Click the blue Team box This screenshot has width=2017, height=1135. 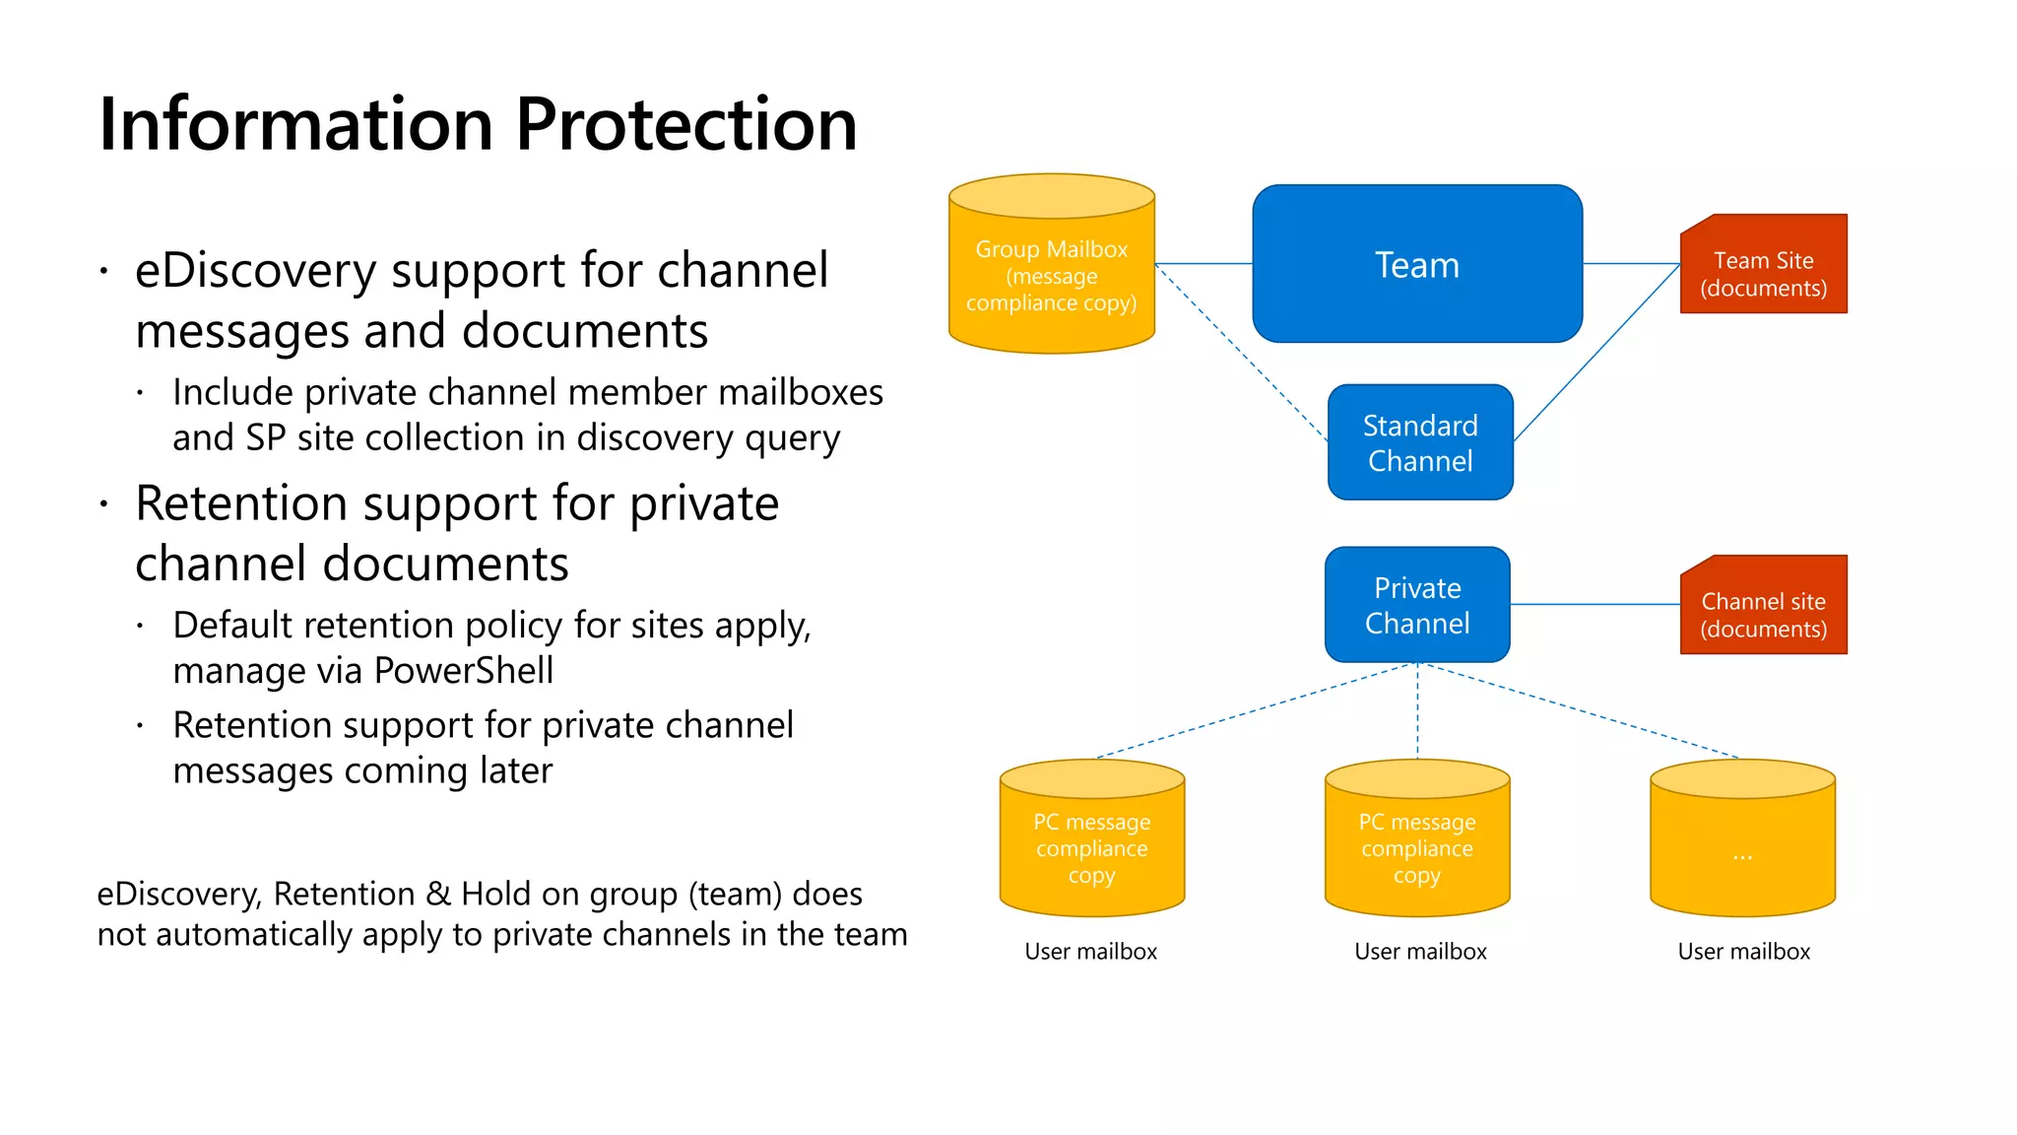(x=1416, y=264)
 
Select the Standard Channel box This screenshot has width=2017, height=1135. (x=1419, y=442)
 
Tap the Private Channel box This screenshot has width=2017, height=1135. (x=1416, y=605)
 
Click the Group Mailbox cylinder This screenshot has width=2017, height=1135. (x=1051, y=276)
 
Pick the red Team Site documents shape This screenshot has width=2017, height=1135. (x=1763, y=266)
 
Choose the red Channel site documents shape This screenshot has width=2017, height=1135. (x=1763, y=606)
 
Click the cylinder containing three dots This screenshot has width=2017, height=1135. (x=1742, y=847)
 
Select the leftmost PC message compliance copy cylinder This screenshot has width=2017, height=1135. (x=1091, y=847)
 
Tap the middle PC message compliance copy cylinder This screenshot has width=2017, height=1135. (x=1416, y=847)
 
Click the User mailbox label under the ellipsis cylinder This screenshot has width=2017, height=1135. (x=1743, y=952)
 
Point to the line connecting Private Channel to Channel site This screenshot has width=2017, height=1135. (x=1595, y=604)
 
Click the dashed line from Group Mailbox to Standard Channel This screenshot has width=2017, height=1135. (x=1241, y=352)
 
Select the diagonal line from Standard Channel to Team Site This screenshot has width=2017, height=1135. (x=1595, y=353)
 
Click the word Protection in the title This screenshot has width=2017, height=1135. (x=685, y=125)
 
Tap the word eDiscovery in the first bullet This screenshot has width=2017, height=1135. (x=255, y=271)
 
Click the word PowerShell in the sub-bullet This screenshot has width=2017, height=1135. (x=463, y=671)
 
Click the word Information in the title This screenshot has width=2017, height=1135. (x=295, y=125)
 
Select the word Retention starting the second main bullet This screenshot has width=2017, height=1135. (x=240, y=504)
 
